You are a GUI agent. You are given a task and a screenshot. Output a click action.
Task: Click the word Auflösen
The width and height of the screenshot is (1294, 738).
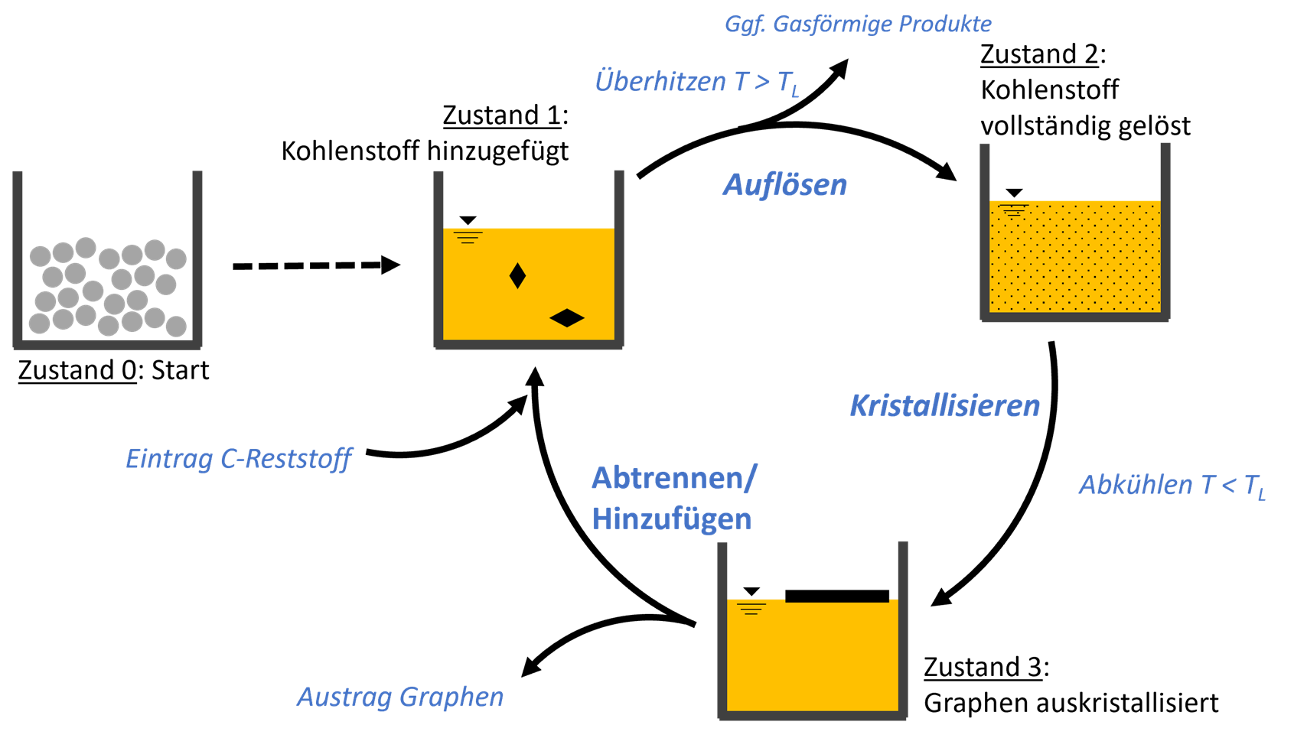point(785,185)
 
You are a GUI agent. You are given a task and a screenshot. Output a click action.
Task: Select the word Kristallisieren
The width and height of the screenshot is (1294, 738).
point(944,406)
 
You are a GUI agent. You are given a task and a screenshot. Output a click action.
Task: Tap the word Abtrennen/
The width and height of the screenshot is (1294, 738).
point(674,479)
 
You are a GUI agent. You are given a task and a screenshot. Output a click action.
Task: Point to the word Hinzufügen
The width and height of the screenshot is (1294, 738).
point(671,519)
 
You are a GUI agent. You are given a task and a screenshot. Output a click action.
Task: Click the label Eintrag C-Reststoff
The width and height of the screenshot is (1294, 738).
point(239,459)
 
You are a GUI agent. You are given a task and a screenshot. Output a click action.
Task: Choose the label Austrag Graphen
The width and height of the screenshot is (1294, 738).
point(400,697)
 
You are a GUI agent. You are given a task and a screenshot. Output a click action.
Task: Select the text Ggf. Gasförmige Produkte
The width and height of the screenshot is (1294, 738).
point(858,24)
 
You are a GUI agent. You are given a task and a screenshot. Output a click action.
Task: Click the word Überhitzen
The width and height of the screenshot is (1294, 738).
point(660,81)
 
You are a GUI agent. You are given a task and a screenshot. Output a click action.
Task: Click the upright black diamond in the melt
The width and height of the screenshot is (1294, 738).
point(517,275)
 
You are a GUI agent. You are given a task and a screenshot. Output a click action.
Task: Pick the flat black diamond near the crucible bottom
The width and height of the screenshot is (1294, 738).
point(567,317)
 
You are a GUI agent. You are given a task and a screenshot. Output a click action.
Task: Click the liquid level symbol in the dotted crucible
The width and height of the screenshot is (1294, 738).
point(1013,210)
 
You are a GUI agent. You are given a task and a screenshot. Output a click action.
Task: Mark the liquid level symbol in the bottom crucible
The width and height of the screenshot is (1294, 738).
point(751,609)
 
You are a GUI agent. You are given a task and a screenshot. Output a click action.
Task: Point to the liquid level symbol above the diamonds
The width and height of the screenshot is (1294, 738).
point(468,237)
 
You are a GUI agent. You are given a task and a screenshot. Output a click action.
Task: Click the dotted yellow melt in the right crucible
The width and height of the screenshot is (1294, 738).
point(1074,260)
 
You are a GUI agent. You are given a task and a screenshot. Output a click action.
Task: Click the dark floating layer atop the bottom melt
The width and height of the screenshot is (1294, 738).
point(838,601)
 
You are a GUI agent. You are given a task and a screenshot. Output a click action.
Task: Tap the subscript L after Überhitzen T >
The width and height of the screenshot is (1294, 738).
point(795,92)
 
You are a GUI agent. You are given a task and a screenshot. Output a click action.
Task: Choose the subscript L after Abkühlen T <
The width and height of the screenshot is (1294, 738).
point(1261,495)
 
